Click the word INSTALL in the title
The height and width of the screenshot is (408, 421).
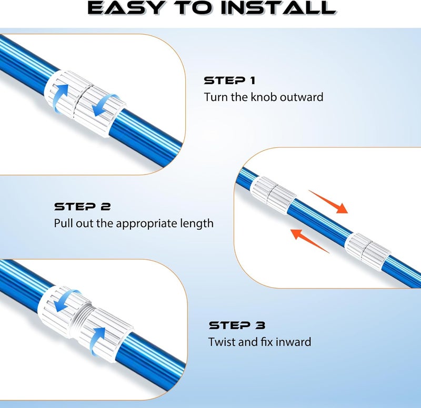coord(278,8)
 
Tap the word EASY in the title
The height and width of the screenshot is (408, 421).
coord(125,8)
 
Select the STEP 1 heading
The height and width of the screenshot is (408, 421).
coord(229,80)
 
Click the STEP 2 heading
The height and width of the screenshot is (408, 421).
coord(83,207)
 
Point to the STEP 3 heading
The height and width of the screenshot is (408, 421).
coord(237,325)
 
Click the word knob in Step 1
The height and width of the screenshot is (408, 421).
coord(264,97)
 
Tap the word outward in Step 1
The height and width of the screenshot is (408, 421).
coord(302,97)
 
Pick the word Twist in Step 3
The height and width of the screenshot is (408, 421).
coord(222,342)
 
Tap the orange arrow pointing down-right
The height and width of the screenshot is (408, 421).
coord(328,202)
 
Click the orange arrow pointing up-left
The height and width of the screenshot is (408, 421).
coord(310,241)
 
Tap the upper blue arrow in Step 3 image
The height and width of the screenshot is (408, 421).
coord(67,300)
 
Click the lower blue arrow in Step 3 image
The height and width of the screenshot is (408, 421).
coord(97,341)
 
